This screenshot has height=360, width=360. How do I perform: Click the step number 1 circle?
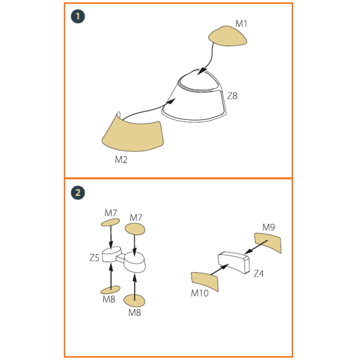click(78, 17)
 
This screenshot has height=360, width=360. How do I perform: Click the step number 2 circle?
click(78, 193)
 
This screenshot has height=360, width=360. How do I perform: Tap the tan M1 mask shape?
click(227, 36)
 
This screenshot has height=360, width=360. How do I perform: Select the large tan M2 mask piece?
click(133, 134)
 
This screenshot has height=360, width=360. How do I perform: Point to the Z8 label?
click(232, 96)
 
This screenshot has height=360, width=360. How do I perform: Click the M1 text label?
click(241, 23)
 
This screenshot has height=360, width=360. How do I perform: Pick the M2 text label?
click(121, 160)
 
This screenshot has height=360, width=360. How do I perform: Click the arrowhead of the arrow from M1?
click(202, 71)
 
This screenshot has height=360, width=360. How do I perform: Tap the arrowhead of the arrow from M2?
click(171, 101)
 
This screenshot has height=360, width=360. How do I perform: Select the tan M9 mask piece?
click(268, 242)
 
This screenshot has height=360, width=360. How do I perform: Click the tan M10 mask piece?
click(205, 281)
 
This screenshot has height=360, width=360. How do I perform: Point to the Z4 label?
click(259, 274)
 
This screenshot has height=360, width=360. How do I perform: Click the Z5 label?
click(94, 258)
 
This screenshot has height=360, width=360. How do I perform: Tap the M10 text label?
click(200, 293)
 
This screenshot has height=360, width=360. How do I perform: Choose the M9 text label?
click(269, 227)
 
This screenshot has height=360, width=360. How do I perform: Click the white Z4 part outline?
click(233, 262)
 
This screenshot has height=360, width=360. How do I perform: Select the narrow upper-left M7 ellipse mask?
click(110, 222)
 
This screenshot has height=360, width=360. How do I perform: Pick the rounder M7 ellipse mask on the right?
click(135, 229)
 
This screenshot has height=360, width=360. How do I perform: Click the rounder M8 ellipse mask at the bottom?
click(134, 301)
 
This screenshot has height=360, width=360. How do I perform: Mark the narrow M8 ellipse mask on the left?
click(110, 290)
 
